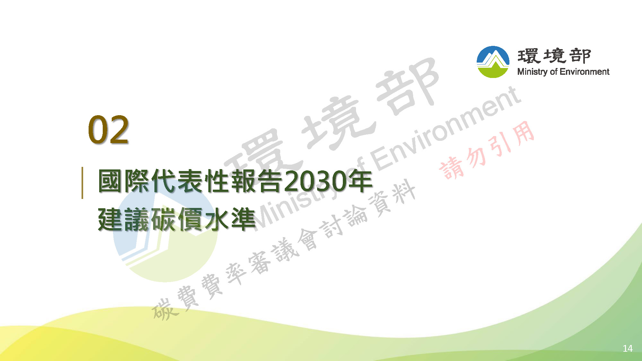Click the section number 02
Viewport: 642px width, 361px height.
coord(108,130)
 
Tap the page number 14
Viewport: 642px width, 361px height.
coord(628,348)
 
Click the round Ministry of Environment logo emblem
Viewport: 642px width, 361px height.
coord(493,62)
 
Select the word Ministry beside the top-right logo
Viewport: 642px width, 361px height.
coord(533,72)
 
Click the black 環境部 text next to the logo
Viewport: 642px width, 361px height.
coord(554,56)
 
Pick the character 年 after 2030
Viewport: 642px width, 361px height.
coord(360,181)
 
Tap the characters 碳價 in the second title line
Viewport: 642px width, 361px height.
coord(177,219)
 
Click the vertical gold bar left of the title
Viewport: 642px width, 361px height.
coord(82,183)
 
